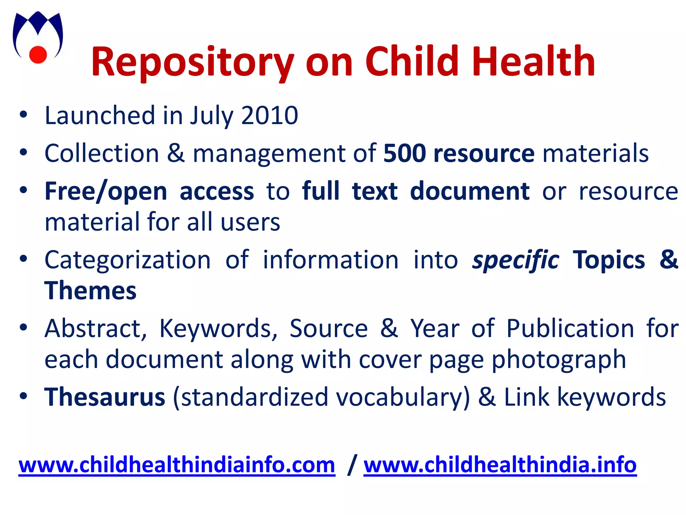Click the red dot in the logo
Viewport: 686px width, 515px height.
[x=38, y=54]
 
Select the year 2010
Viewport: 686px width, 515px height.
[x=269, y=115]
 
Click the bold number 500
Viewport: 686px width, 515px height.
[x=404, y=153]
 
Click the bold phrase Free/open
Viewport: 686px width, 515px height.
[x=106, y=191]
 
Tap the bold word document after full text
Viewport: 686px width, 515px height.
[x=470, y=191]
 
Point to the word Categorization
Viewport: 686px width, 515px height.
[x=128, y=260]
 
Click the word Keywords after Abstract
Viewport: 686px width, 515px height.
[x=218, y=329]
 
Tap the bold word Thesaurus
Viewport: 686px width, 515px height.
[x=105, y=397]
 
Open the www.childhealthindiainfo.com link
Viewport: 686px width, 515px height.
[x=177, y=465]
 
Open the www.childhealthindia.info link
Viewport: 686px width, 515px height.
[x=500, y=465]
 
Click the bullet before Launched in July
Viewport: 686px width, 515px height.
[x=23, y=114]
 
